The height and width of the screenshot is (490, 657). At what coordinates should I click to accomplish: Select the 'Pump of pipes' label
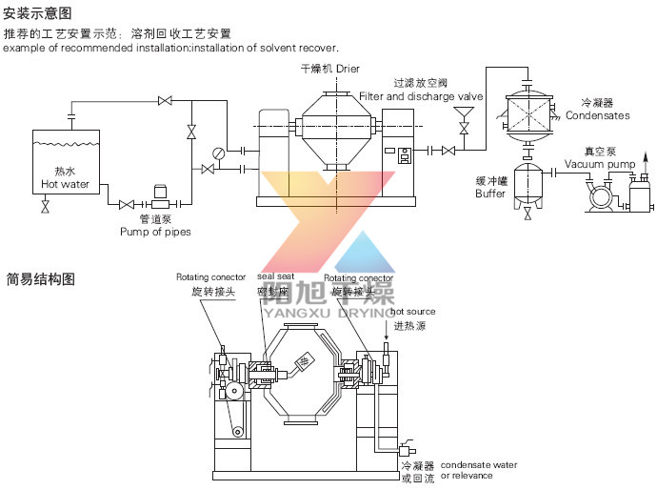point(155,232)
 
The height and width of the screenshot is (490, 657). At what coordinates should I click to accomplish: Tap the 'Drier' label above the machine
point(347,70)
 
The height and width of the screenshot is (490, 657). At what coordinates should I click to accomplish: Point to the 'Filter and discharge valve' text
point(422,96)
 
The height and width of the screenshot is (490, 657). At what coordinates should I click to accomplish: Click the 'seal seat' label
point(269,277)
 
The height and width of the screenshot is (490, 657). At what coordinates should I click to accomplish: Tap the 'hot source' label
point(413,312)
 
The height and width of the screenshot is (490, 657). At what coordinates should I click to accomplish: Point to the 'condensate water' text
point(479,464)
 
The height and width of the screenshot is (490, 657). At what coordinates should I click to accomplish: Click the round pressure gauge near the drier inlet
point(219,152)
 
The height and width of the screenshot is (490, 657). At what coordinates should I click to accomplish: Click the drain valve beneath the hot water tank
point(45,207)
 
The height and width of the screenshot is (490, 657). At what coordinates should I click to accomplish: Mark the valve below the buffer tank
point(528,214)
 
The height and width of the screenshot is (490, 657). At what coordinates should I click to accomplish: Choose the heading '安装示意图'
point(37,13)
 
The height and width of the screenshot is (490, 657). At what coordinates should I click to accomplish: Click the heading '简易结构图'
point(40,280)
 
